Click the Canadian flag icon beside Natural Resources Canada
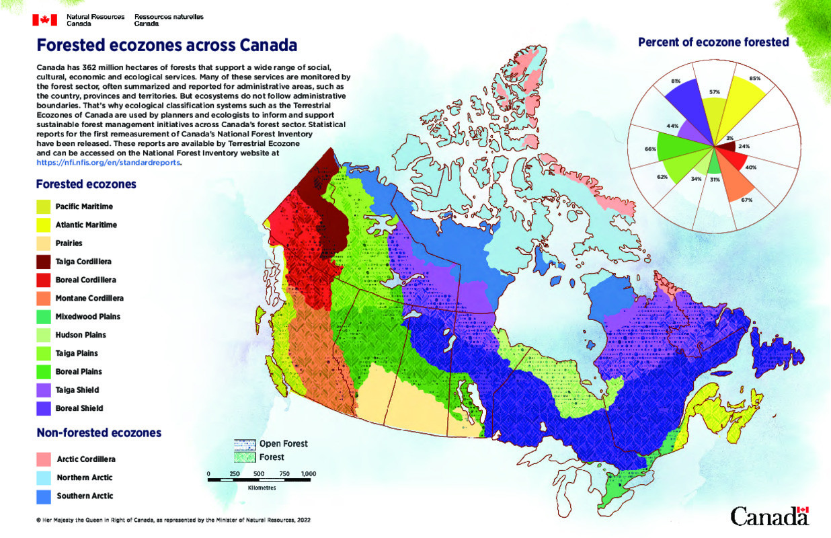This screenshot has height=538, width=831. [44, 20]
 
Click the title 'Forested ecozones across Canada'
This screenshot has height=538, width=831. [166, 46]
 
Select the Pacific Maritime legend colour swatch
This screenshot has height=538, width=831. [44, 206]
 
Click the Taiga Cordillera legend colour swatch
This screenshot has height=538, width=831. [44, 261]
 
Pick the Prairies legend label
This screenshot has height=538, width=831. [69, 243]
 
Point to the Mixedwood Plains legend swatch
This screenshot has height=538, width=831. [44, 316]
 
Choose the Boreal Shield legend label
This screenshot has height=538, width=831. [79, 408]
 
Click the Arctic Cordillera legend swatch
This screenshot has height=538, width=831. [44, 459]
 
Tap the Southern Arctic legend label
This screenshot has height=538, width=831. [84, 496]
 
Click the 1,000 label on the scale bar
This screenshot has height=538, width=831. [309, 474]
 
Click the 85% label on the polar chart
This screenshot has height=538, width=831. [755, 79]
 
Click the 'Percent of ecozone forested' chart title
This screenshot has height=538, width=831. [713, 42]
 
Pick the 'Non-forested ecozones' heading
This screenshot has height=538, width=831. [98, 433]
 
